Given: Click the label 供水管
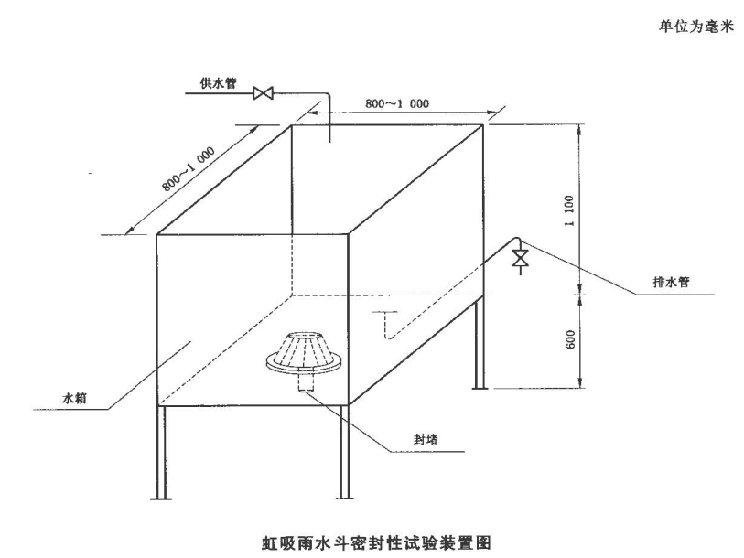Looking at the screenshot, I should click(219, 81).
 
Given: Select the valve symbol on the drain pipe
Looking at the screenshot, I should click(520, 259).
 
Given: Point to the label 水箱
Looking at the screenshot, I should click(74, 399).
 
